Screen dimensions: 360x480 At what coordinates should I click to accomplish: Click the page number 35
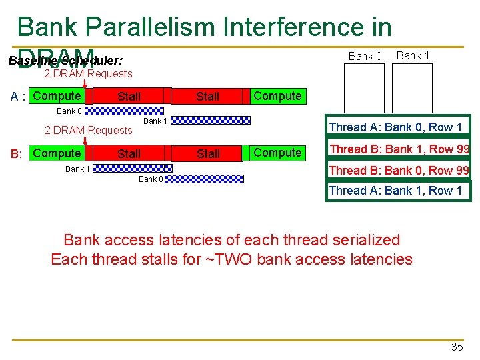click(x=457, y=347)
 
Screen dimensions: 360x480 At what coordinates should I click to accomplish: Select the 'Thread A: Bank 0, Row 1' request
click(x=395, y=127)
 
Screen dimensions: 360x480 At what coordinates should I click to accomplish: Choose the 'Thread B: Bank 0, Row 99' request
click(x=399, y=171)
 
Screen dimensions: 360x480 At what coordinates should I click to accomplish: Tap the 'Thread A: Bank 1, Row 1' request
click(x=395, y=191)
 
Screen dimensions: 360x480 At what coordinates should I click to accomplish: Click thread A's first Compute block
click(x=57, y=96)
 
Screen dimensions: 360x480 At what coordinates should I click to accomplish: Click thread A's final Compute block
click(x=277, y=96)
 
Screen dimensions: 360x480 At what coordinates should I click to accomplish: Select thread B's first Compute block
click(x=57, y=153)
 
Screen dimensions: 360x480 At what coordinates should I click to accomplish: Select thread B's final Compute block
click(x=277, y=153)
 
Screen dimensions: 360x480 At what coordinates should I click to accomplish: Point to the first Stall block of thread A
click(x=129, y=97)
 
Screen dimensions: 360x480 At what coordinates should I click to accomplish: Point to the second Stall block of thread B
click(x=208, y=154)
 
